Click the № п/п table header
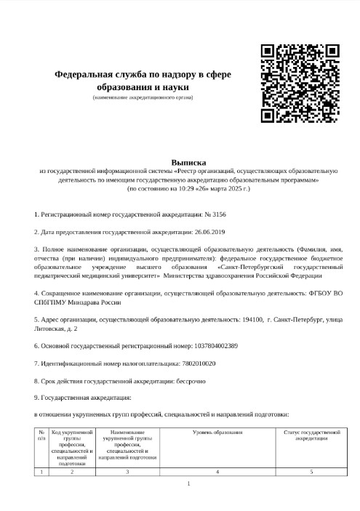[41, 435]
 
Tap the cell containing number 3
[127, 472]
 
